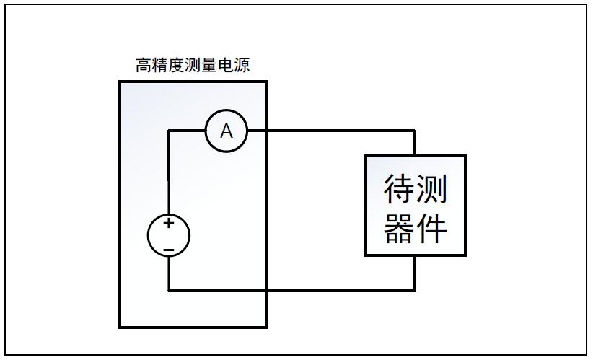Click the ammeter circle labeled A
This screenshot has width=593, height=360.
(227, 131)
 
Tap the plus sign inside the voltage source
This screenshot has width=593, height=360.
(168, 224)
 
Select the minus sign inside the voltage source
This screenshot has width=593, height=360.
(168, 250)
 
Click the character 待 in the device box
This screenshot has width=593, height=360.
(399, 189)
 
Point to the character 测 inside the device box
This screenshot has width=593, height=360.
(432, 189)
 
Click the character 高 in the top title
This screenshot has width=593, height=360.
(144, 66)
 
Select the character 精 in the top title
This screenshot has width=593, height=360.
(160, 66)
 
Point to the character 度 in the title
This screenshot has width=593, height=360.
(177, 66)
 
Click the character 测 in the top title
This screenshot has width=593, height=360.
(193, 66)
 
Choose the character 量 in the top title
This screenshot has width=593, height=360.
(210, 66)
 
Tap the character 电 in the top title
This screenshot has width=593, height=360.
(227, 66)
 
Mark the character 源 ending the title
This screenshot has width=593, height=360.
(243, 66)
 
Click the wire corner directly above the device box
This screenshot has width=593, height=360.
(415, 131)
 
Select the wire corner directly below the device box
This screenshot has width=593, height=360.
(415, 290)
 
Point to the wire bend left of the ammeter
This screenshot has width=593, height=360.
(169, 131)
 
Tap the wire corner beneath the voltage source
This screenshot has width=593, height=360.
(169, 290)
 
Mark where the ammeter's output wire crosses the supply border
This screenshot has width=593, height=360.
(266, 131)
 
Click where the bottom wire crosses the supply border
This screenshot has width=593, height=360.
(266, 290)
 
